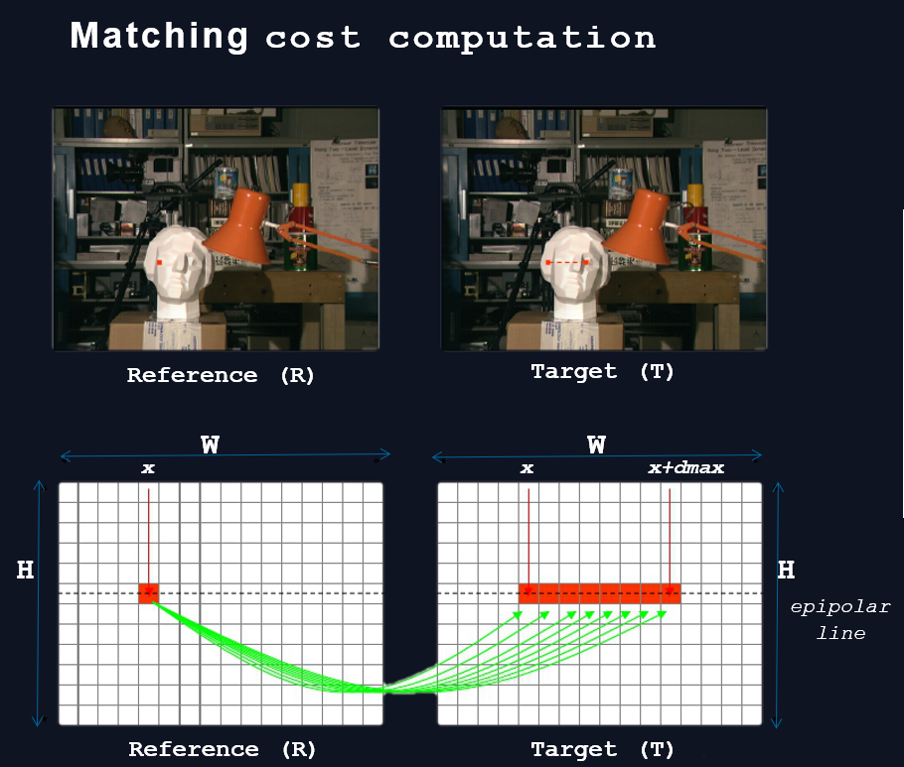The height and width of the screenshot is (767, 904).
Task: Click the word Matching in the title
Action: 159,37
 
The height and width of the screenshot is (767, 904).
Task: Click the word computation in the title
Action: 522,39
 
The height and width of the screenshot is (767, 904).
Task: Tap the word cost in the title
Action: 313,39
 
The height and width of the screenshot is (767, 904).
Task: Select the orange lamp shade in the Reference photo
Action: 237,225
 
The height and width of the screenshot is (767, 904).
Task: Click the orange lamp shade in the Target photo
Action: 637,225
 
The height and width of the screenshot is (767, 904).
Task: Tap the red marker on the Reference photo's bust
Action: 160,263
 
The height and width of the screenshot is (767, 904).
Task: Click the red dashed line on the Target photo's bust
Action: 567,263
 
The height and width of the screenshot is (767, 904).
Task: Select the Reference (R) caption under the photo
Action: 221,375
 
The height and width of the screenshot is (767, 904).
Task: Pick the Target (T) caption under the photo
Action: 602,371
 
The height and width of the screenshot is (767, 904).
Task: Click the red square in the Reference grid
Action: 149,593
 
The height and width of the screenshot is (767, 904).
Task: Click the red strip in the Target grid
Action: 600,593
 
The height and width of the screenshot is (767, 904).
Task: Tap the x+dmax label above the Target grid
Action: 686,467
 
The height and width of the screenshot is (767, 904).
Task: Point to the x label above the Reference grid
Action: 148,468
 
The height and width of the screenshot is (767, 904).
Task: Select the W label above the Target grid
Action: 597,445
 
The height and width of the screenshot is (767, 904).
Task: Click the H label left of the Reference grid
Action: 26,570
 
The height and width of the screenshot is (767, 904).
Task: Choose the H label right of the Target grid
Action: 787,570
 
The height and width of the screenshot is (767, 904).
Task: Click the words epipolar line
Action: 840,620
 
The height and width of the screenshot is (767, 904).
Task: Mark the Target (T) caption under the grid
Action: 602,749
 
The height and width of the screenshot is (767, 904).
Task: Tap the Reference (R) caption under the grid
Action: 222,749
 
